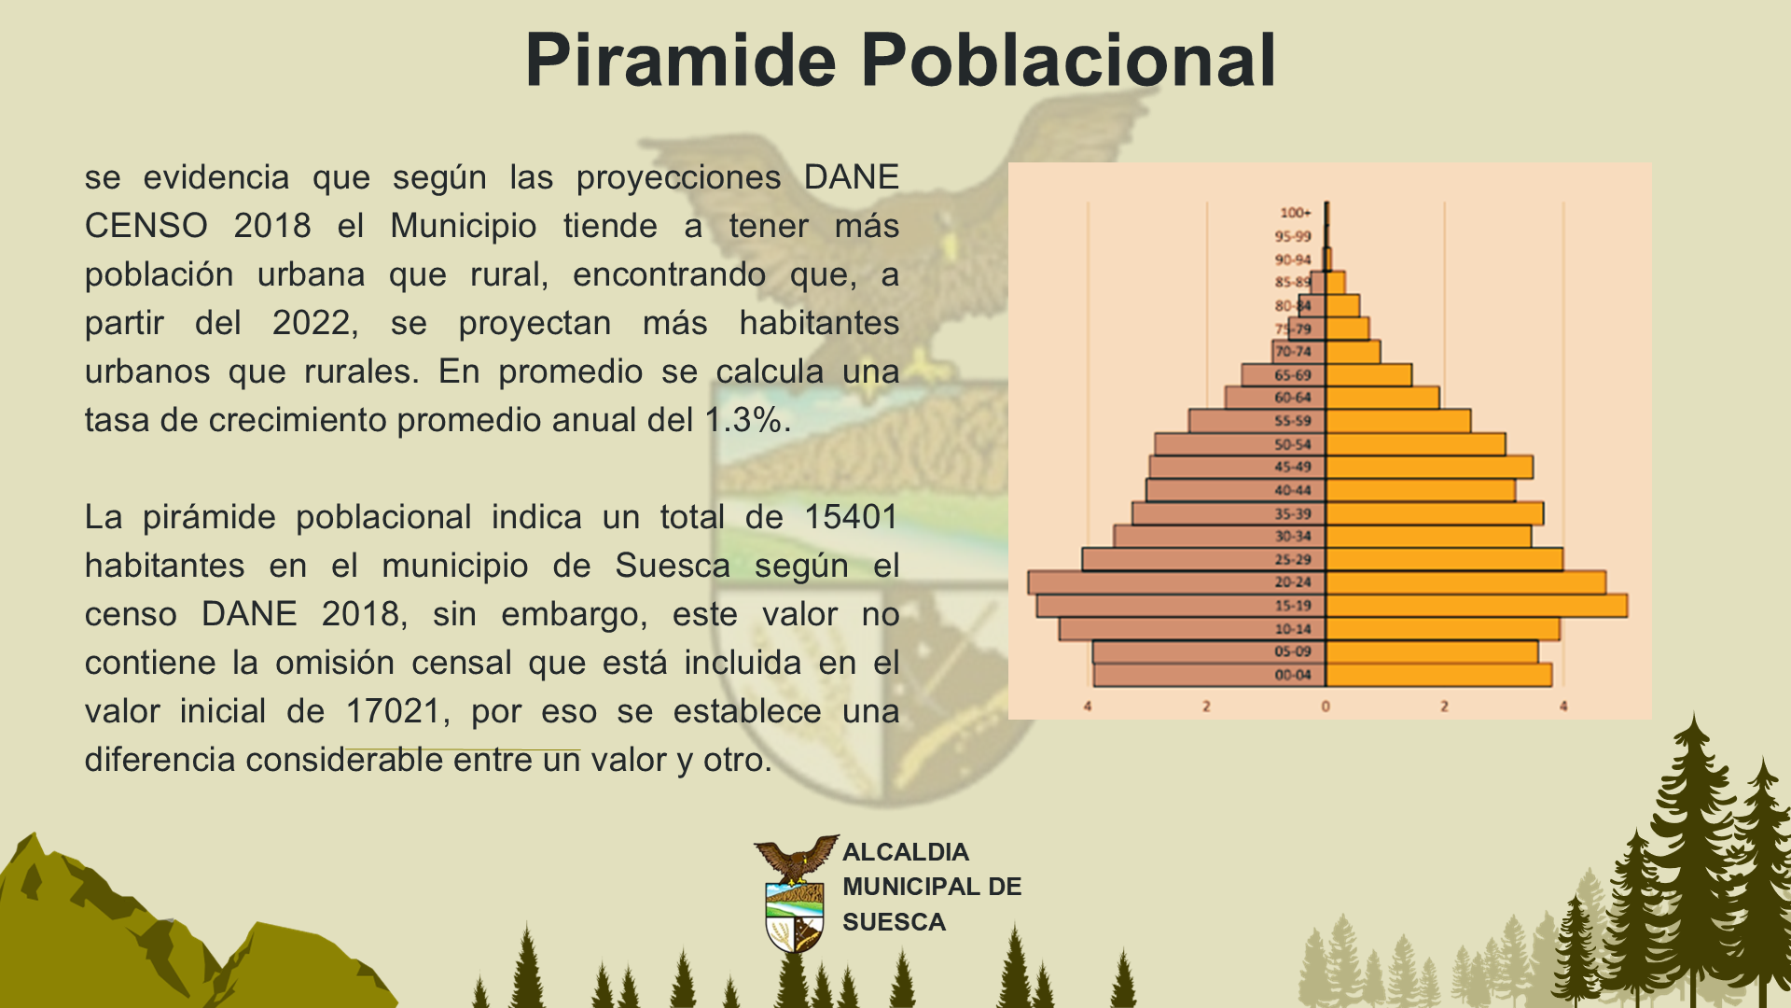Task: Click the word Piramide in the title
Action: pyautogui.click(x=681, y=60)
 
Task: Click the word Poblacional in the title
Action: pyautogui.click(x=1068, y=60)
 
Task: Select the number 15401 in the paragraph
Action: pyautogui.click(x=851, y=516)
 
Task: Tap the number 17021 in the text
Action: pyautogui.click(x=393, y=710)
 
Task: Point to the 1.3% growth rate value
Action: pyautogui.click(x=743, y=419)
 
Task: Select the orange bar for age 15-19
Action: pyautogui.click(x=1477, y=605)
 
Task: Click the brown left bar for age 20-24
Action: pyautogui.click(x=1177, y=582)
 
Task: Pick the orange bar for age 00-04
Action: pyautogui.click(x=1439, y=675)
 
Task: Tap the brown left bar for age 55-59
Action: pyautogui.click(x=1257, y=421)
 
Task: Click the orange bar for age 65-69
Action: pyautogui.click(x=1369, y=375)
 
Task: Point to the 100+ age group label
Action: pyautogui.click(x=1295, y=213)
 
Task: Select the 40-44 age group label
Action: pyautogui.click(x=1293, y=490)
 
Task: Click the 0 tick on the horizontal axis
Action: pyautogui.click(x=1326, y=707)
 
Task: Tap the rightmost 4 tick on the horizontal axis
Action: pyautogui.click(x=1563, y=707)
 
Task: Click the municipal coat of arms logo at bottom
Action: pyautogui.click(x=796, y=893)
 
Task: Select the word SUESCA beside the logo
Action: pyautogui.click(x=894, y=922)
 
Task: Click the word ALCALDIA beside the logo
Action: pyautogui.click(x=906, y=852)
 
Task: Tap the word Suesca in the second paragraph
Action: pyautogui.click(x=672, y=565)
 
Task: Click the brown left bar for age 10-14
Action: pyautogui.click(x=1192, y=628)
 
